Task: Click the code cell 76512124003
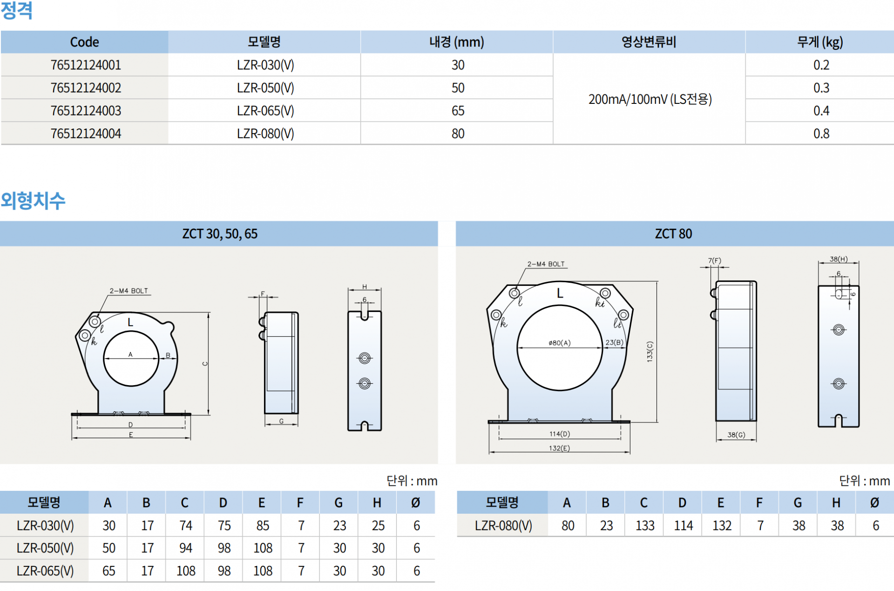pos(86,111)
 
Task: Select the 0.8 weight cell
pos(821,134)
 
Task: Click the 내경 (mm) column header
pos(457,42)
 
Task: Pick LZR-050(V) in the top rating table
pos(265,88)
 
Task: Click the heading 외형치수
pos(33,201)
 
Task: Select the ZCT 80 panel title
pos(673,234)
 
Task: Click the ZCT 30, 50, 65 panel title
pos(220,234)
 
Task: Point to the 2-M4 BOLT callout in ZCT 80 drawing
pos(546,264)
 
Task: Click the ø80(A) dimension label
pos(559,343)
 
